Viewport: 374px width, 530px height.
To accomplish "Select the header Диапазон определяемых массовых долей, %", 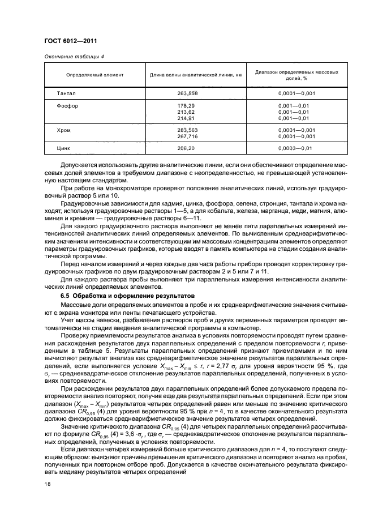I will coord(296,75).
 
